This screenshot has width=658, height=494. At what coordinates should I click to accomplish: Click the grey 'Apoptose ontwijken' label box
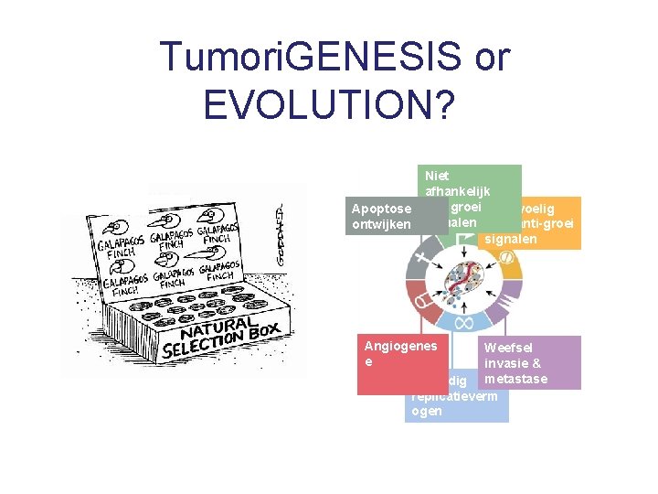382,217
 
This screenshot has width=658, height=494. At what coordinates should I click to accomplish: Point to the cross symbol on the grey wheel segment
421,259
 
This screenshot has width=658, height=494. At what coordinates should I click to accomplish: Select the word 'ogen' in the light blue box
427,411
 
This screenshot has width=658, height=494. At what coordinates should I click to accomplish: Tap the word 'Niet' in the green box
437,175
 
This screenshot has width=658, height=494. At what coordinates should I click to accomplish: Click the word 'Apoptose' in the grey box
381,209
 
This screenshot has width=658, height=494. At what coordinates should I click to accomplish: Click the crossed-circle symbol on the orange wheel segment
505,258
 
